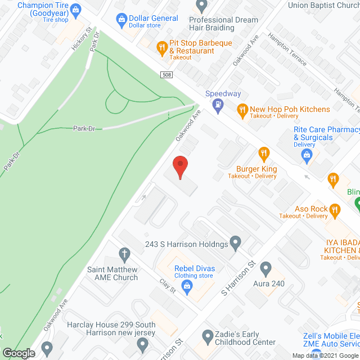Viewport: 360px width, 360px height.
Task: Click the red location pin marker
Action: point(180,166)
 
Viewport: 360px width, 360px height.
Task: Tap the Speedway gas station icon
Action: point(216,105)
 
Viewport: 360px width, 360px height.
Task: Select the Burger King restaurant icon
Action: point(263,153)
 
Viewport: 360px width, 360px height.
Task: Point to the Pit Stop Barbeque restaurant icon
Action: point(162,47)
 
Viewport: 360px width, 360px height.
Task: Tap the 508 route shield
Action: point(165,75)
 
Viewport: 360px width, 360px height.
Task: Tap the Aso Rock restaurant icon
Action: point(335,211)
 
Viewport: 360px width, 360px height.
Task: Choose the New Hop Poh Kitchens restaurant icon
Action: point(243,110)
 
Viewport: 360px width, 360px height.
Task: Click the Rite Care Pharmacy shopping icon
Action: point(307,155)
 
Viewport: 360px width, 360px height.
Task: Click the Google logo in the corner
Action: point(18,353)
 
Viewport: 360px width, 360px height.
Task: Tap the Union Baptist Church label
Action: point(323,6)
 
